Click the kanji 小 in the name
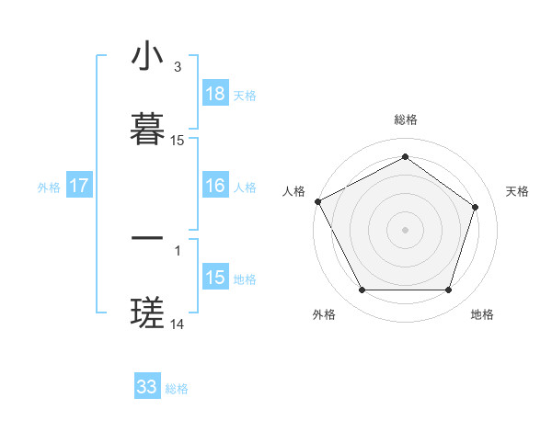click(147, 58)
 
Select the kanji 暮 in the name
click(147, 130)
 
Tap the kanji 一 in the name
click(147, 239)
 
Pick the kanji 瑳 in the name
click(147, 314)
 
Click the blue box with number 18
click(215, 94)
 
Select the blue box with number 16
click(215, 186)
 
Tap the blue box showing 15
click(215, 278)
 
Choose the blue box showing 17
click(79, 186)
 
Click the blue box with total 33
click(147, 387)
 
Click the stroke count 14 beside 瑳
click(178, 324)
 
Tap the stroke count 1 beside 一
click(177, 249)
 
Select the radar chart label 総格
click(405, 119)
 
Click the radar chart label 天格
click(517, 191)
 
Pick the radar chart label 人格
click(293, 191)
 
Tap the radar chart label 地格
click(482, 314)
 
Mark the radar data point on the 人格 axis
click(318, 201)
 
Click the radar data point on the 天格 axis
click(476, 207)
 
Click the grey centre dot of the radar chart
click(405, 230)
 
